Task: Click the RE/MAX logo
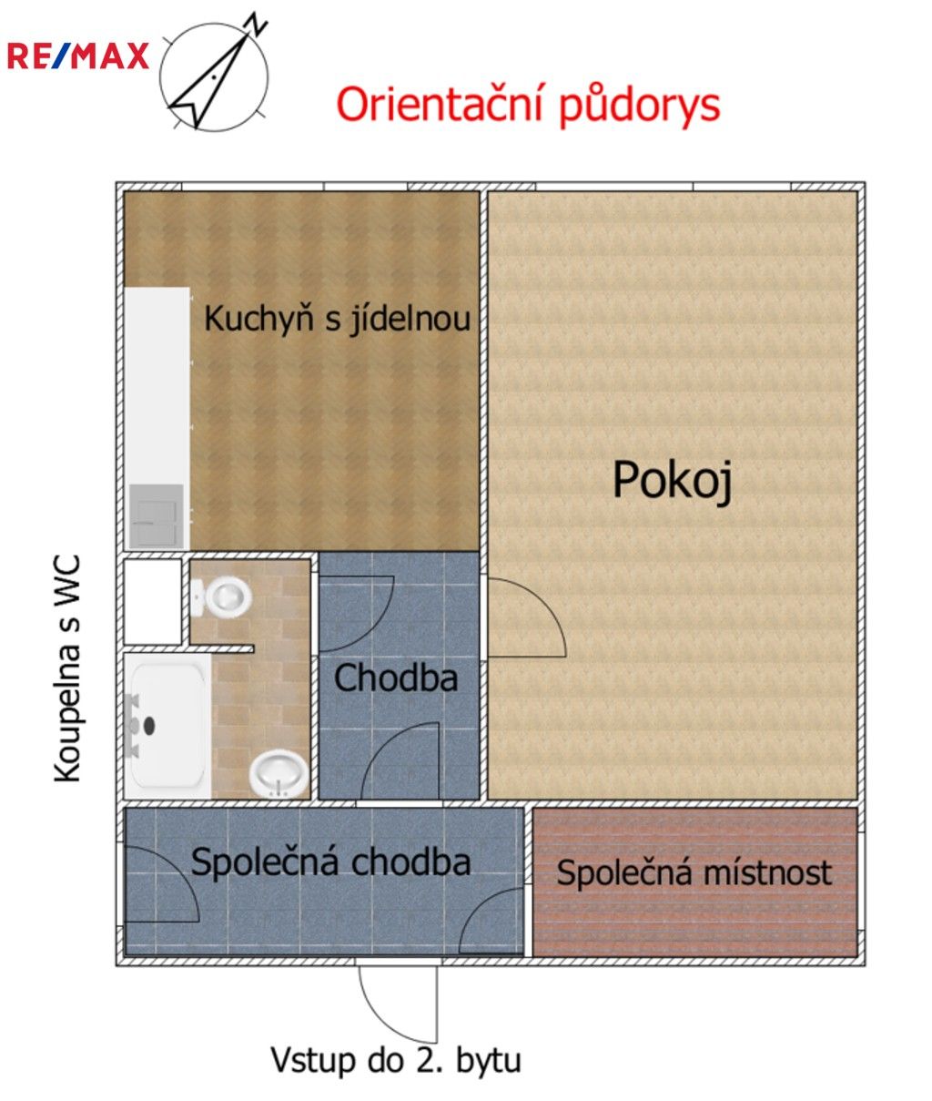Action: [77, 56]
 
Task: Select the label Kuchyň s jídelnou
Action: [337, 319]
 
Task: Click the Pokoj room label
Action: [672, 480]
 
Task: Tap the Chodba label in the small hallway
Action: [395, 678]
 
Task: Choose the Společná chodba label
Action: [330, 862]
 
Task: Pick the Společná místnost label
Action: [694, 872]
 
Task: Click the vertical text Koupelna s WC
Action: [68, 669]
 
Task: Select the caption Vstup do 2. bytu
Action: [396, 1060]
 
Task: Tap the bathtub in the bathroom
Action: [167, 726]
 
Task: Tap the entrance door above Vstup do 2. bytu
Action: [398, 1002]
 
